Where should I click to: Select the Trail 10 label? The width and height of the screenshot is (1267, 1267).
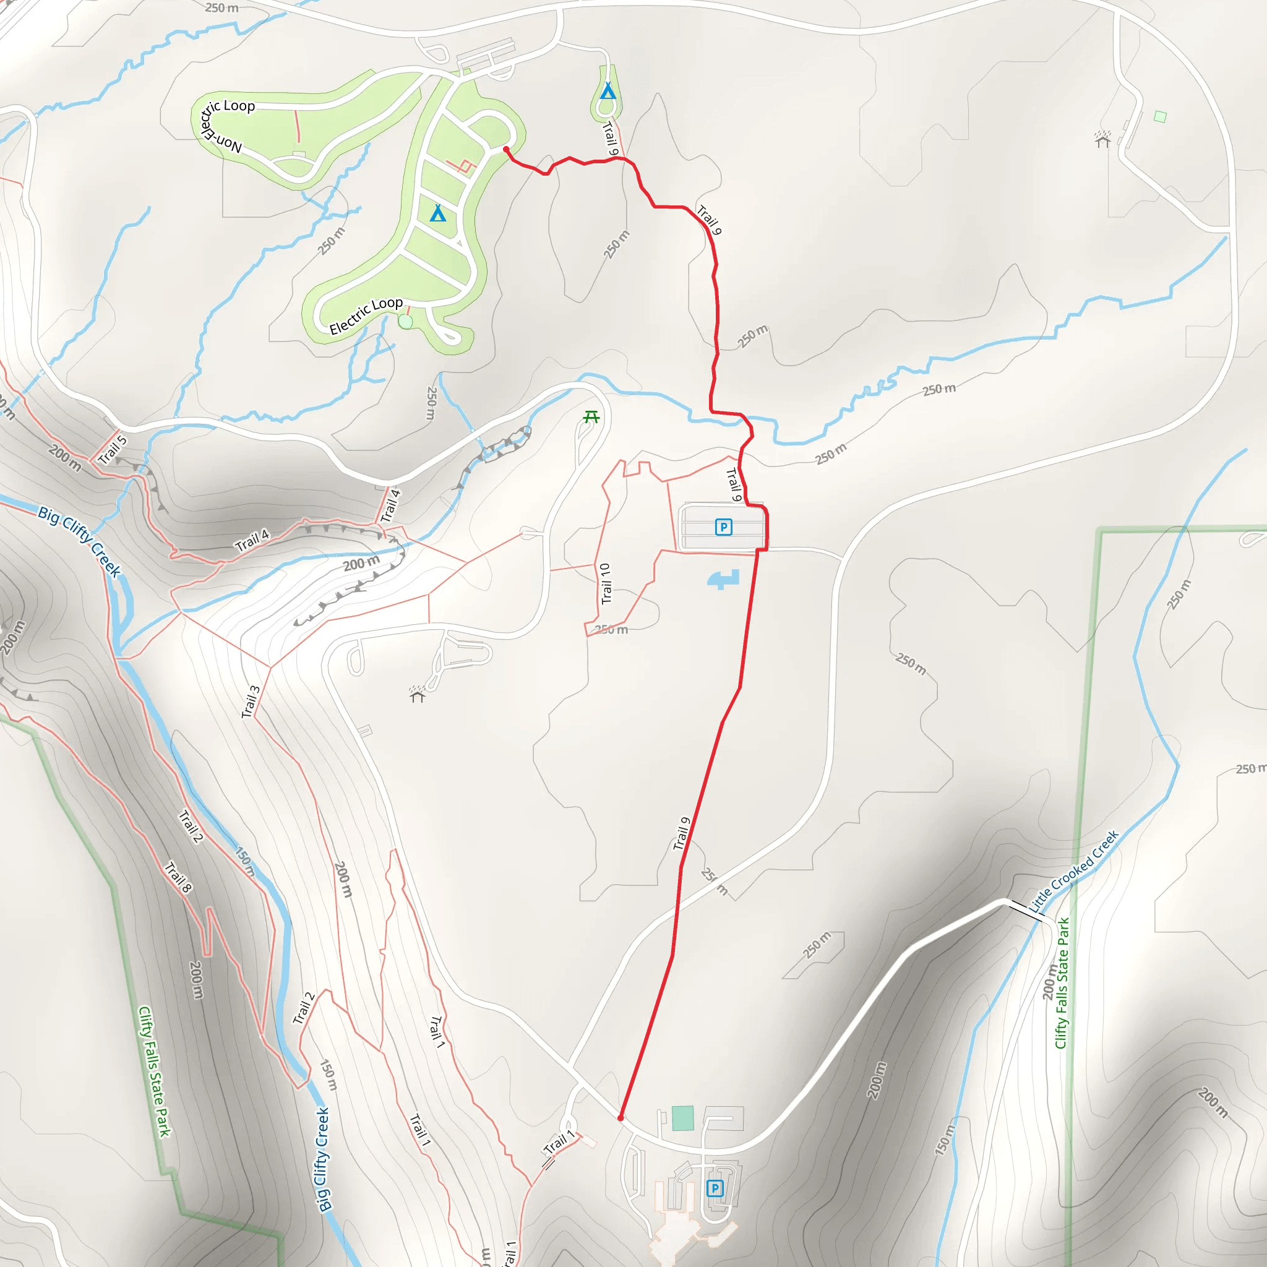pos(605,583)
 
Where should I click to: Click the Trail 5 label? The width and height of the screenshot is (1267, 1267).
pos(112,450)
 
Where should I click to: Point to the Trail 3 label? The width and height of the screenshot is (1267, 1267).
pos(251,702)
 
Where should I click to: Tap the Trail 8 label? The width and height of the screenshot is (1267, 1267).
pos(178,877)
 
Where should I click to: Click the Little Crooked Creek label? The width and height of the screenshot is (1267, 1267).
pos(1073,872)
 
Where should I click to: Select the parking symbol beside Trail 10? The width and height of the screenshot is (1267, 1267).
pos(723,527)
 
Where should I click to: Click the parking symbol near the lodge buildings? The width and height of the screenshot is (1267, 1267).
pos(715,1188)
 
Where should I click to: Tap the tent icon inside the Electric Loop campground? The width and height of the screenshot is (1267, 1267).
pos(438,213)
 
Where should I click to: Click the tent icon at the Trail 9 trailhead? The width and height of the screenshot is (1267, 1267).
pos(608,90)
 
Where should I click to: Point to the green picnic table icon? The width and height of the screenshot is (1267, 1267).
pos(591,416)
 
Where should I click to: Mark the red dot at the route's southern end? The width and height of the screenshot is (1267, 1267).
pos(621,1117)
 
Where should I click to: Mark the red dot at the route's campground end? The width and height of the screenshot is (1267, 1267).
pos(505,150)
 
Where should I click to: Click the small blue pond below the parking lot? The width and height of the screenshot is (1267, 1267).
pos(724,579)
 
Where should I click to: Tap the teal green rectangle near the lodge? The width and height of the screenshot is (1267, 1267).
pos(683,1118)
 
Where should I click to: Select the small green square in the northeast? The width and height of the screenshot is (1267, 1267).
pos(1160,117)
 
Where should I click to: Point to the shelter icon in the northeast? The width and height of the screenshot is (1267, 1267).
pos(1102,139)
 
